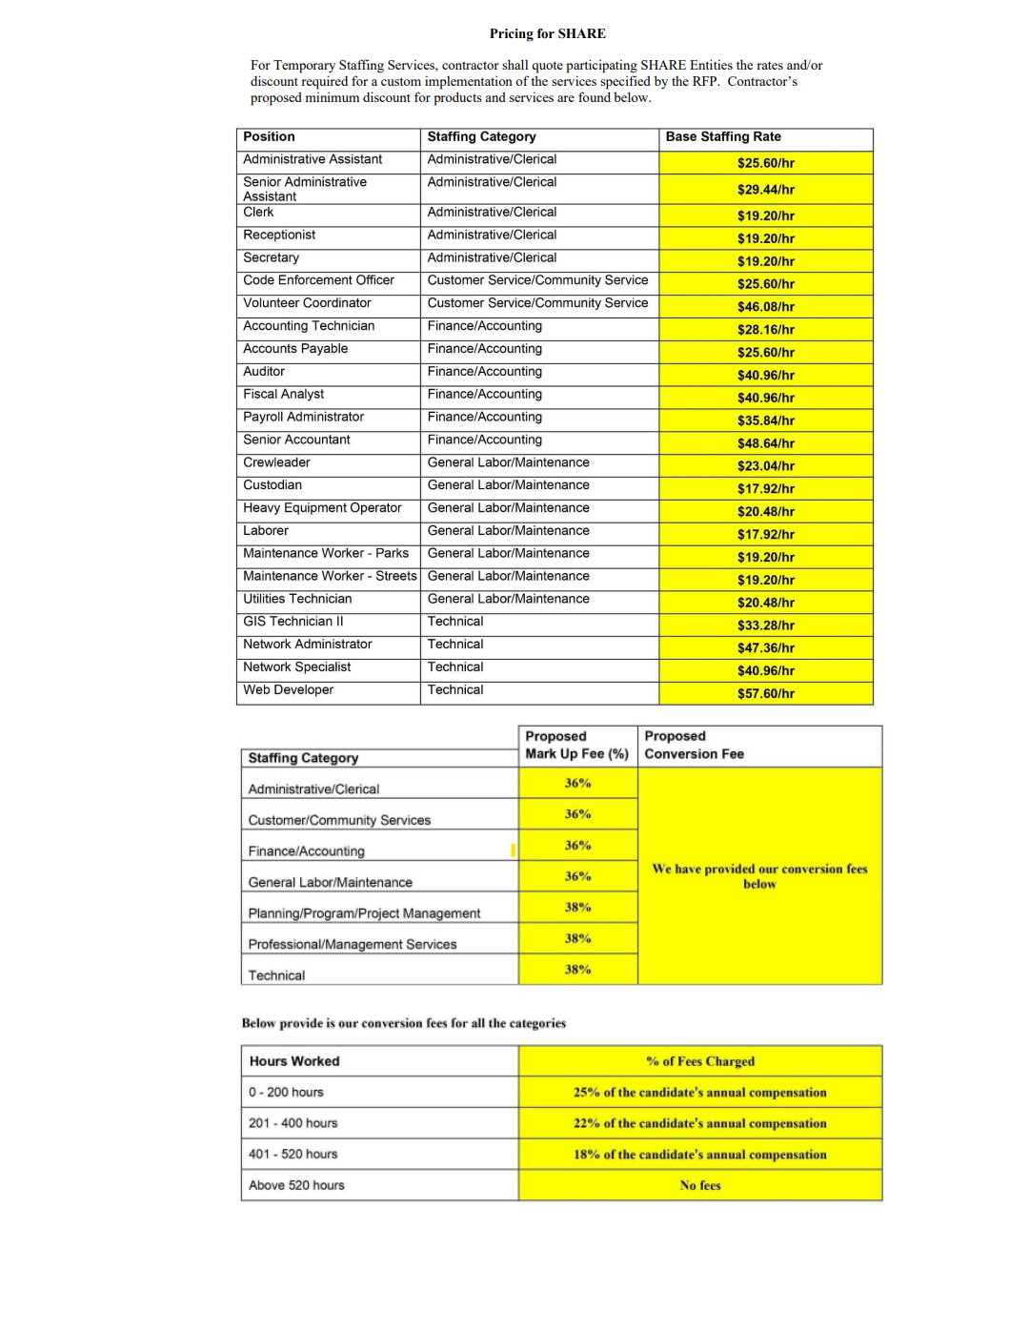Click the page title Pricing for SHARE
[547, 33]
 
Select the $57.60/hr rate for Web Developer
[765, 693]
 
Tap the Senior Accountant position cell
[296, 440]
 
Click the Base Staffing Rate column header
[723, 136]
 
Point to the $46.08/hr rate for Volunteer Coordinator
[765, 307]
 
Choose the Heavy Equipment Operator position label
[322, 508]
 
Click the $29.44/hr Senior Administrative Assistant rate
[765, 190]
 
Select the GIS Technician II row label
[293, 622]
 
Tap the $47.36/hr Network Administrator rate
[765, 648]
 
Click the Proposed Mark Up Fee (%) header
[576, 745]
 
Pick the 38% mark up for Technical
[577, 970]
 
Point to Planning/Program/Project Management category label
[364, 913]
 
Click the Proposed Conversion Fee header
[694, 745]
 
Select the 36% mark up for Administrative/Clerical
[577, 784]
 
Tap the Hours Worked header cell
[294, 1061]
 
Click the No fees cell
[700, 1185]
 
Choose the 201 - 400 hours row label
[293, 1123]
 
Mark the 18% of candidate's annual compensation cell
[700, 1155]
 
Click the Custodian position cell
[272, 485]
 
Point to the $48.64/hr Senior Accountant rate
[765, 443]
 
